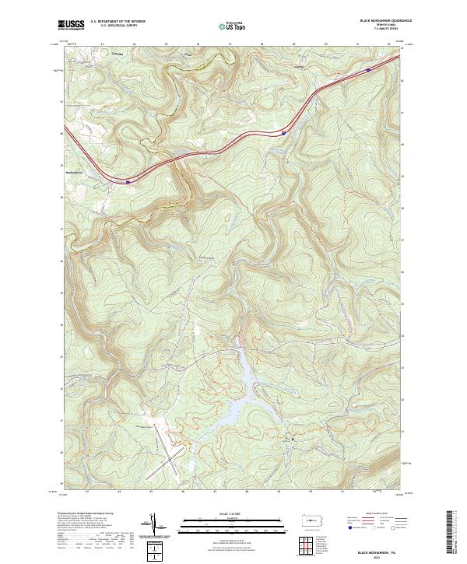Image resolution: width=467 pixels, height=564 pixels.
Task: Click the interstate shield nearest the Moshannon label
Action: [x=128, y=180]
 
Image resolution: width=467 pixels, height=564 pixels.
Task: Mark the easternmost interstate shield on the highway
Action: [x=367, y=69]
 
